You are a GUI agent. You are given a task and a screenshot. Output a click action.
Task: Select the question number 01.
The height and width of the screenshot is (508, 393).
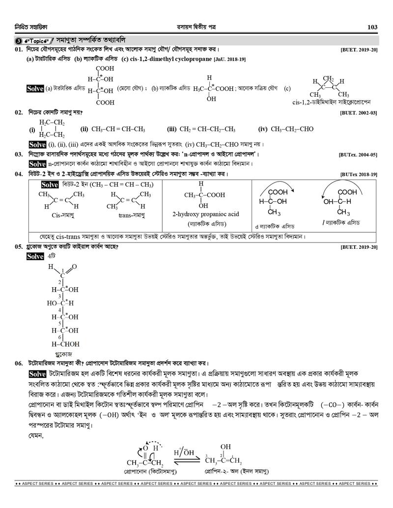point(19,50)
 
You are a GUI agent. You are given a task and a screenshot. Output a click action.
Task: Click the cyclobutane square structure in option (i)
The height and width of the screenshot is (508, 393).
point(52,129)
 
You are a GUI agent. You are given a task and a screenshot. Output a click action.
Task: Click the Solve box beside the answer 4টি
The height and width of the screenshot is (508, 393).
point(36,257)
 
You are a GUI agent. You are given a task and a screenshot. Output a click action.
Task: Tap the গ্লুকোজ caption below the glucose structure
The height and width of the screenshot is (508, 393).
point(63,353)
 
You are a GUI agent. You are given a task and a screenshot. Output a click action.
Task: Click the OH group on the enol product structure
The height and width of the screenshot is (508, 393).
point(225,448)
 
